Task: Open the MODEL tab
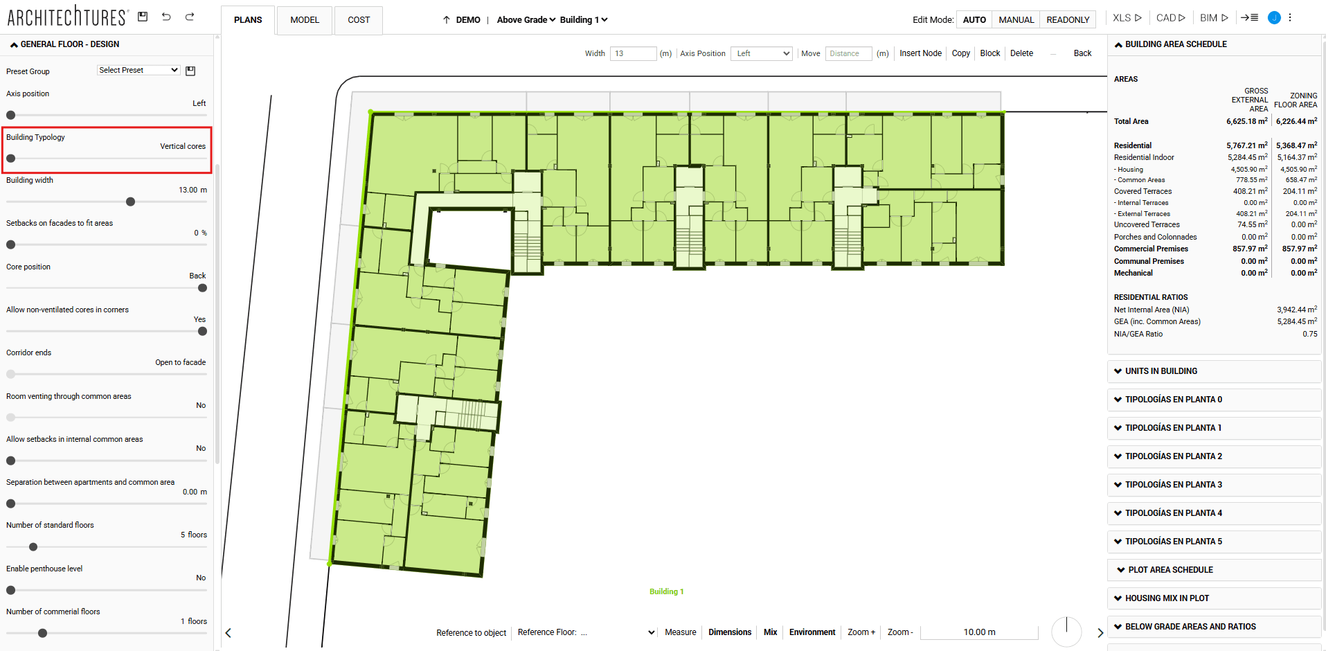(305, 20)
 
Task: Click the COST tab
(359, 20)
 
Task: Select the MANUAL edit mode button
(1016, 20)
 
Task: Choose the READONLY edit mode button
(1068, 20)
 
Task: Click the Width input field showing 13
(633, 53)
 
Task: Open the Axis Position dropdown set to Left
(761, 53)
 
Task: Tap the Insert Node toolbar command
(920, 53)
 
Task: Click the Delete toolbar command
(1021, 53)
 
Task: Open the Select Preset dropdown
(138, 70)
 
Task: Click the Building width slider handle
(130, 202)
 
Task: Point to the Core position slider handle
(202, 288)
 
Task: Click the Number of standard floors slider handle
(33, 547)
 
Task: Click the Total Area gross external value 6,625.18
(1246, 121)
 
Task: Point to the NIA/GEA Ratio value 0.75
(1309, 334)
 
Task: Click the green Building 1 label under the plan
(666, 591)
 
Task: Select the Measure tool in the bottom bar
(680, 632)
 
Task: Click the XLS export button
(1127, 18)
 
